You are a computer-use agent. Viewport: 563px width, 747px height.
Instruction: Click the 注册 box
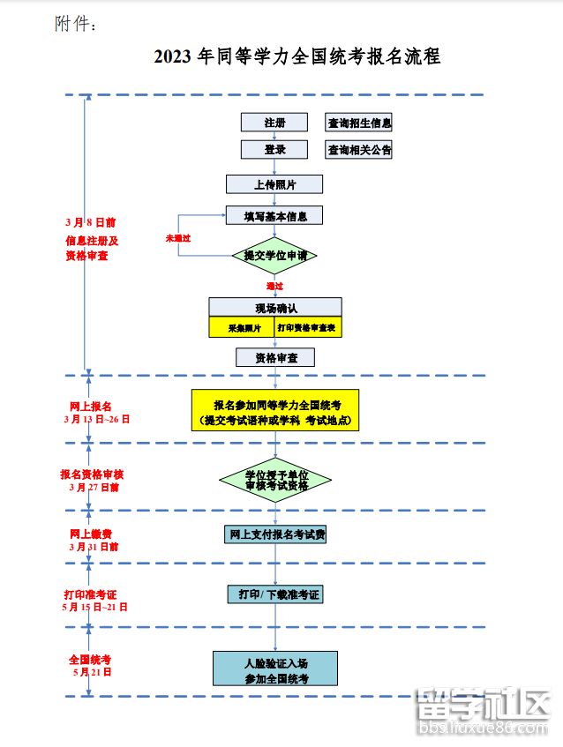[x=274, y=123]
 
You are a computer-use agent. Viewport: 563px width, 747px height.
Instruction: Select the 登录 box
[x=274, y=150]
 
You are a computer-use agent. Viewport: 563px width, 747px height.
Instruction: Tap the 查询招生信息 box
[x=359, y=123]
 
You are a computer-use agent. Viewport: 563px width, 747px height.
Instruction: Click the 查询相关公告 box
[x=359, y=150]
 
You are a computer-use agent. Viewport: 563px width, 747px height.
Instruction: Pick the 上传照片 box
[x=274, y=184]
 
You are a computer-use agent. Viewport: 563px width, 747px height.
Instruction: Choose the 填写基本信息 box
[x=274, y=215]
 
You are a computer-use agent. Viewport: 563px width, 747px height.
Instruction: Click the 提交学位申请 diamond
[x=274, y=255]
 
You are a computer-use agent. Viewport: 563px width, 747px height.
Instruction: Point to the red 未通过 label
[x=178, y=239]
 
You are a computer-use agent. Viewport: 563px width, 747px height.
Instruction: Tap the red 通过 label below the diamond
[x=275, y=286]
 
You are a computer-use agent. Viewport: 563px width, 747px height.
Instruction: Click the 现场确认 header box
[x=275, y=308]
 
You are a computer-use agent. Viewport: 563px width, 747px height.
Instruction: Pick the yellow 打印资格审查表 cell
[x=308, y=327]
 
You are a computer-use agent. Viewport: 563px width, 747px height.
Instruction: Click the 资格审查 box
[x=275, y=357]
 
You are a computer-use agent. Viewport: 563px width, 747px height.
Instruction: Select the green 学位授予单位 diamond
[x=275, y=480]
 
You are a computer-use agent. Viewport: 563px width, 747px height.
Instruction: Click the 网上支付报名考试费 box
[x=275, y=534]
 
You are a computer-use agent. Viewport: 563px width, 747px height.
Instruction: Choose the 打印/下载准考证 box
[x=275, y=594]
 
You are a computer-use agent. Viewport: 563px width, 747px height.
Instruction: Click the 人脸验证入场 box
[x=275, y=669]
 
